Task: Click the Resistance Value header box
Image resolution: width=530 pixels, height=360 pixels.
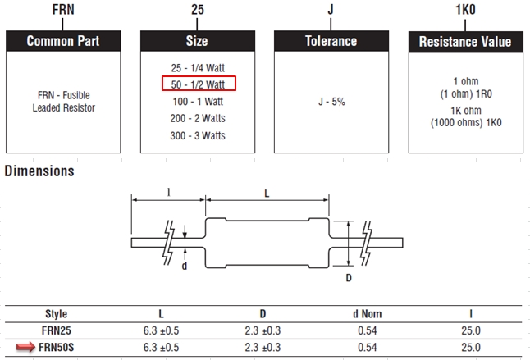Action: [x=464, y=41]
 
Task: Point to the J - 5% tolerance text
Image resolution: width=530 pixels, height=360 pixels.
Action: [x=331, y=102]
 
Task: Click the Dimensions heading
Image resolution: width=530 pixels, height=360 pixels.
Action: [x=39, y=171]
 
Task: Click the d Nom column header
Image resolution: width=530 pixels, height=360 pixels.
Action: [x=362, y=314]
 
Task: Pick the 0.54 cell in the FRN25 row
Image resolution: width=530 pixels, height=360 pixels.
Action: [x=362, y=331]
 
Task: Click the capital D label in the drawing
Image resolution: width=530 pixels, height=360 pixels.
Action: [x=350, y=278]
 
